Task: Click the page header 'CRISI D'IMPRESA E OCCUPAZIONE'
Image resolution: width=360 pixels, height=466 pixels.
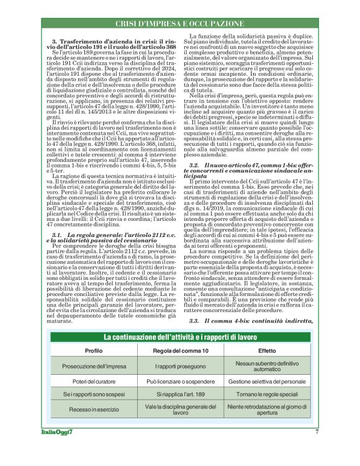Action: click(179, 24)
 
